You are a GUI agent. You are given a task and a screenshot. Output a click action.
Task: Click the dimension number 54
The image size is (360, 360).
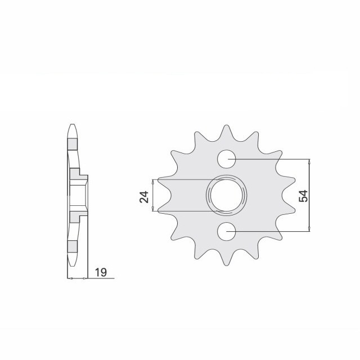(303, 196)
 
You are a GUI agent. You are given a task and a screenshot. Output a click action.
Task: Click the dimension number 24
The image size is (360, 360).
(144, 196)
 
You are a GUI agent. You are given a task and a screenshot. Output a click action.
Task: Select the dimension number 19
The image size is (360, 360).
(101, 273)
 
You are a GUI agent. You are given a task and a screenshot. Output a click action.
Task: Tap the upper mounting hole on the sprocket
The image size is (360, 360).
(227, 159)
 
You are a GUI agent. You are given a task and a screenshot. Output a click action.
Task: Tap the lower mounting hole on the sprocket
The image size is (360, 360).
(227, 230)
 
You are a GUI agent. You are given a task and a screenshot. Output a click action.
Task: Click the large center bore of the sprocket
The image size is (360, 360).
(227, 195)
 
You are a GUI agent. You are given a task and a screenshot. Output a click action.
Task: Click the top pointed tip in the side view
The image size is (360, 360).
(71, 124)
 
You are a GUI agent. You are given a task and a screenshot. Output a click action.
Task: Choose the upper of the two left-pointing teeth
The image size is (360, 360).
(162, 180)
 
